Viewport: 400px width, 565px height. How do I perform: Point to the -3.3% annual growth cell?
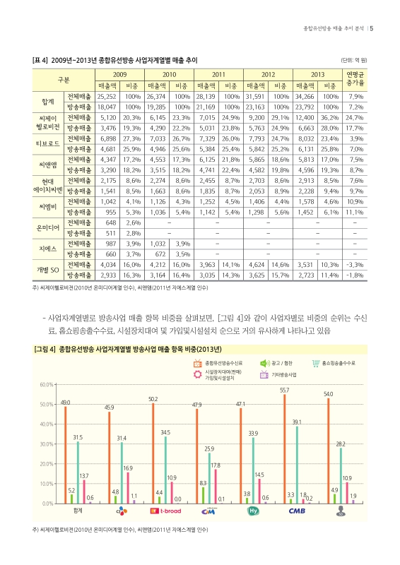click(354, 263)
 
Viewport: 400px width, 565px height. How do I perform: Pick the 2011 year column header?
click(219, 73)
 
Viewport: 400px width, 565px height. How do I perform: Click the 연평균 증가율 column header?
click(354, 78)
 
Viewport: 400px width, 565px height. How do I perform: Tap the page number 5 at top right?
click(372, 29)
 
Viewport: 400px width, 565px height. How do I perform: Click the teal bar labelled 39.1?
click(297, 465)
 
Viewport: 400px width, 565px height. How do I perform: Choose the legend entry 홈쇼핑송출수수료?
click(332, 363)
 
